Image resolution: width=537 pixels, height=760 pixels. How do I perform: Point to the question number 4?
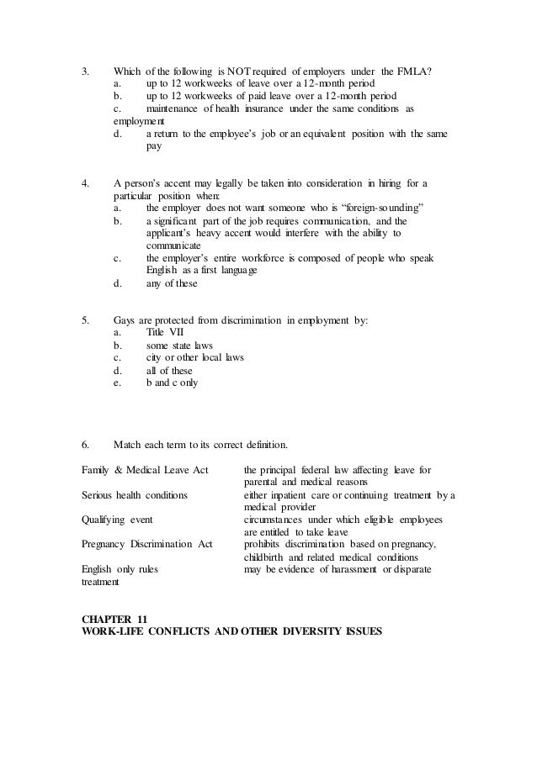[84, 182]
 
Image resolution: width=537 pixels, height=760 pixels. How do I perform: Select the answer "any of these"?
[172, 283]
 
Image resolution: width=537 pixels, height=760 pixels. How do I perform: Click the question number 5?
[84, 320]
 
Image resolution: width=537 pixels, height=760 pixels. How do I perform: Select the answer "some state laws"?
[179, 346]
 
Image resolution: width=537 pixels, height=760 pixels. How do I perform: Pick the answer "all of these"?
[169, 370]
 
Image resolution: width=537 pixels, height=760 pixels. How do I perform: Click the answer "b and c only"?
[173, 383]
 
